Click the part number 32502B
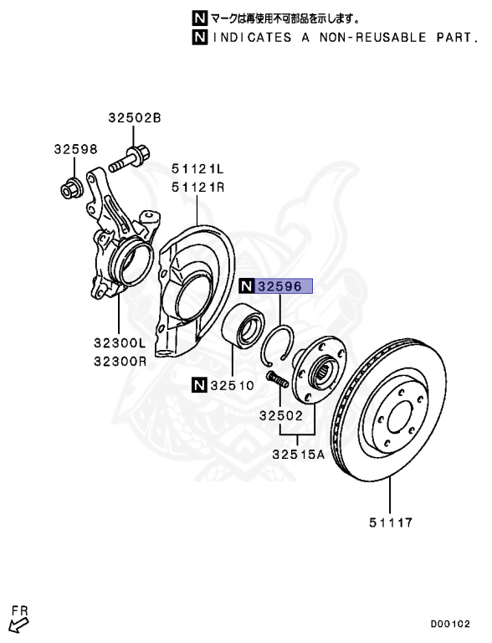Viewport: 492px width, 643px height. pos(135,118)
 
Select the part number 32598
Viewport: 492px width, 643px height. pos(76,149)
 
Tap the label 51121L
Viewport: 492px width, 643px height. pos(197,168)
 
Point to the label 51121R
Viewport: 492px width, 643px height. pos(197,188)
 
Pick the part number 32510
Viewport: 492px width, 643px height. pos(233,385)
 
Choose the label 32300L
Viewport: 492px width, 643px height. pos(120,342)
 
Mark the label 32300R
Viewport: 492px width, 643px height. pos(120,362)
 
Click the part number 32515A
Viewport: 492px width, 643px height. pos(299,455)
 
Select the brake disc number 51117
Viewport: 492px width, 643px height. pos(391,522)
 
